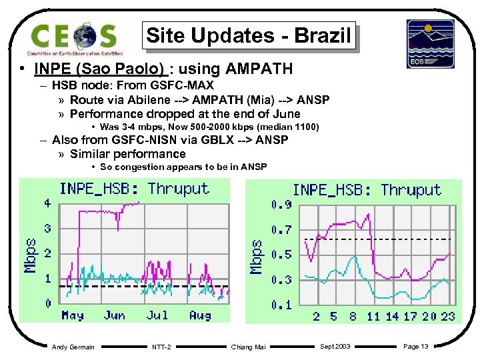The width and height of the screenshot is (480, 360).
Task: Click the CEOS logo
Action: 74,38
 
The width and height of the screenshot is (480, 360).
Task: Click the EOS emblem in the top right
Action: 430,43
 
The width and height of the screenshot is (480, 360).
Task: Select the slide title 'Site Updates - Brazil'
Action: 248,35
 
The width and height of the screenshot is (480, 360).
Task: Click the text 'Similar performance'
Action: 128,154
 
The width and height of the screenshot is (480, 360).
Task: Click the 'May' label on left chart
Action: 73,315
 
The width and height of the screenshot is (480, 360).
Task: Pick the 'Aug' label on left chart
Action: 200,315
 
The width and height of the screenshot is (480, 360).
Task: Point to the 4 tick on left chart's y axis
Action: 47,203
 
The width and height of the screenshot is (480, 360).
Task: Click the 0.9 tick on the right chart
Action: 281,205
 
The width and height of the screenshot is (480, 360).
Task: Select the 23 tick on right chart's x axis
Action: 447,316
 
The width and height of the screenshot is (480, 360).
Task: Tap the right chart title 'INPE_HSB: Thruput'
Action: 367,190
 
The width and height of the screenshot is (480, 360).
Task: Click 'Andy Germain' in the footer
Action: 73,347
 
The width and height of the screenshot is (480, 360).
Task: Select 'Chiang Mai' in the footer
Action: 247,347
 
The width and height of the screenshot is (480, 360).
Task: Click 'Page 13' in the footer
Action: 416,347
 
